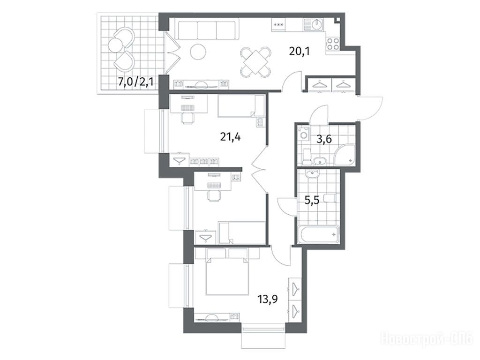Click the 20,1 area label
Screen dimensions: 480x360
click(300, 51)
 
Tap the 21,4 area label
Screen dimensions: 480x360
click(230, 137)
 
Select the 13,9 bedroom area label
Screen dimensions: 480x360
click(268, 299)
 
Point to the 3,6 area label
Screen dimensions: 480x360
click(324, 139)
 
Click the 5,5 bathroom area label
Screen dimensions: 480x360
click(312, 200)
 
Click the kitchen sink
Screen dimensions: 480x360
click(313, 24)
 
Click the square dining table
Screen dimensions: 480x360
click(255, 61)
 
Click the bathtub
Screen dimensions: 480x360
click(319, 234)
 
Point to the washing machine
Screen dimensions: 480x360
click(304, 134)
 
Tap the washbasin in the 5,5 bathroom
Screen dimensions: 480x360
click(312, 173)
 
